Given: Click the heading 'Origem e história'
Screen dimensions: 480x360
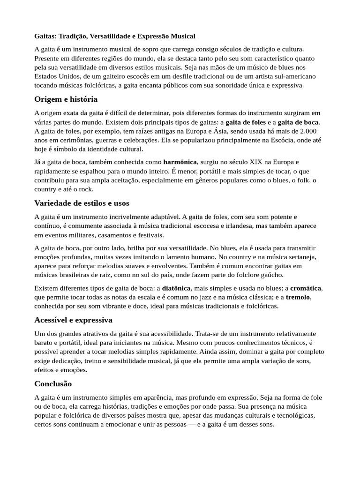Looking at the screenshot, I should click(66, 99).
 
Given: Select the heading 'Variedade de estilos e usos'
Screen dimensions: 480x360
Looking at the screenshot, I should click(82, 203).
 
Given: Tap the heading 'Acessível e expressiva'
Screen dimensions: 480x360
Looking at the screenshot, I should click(73, 320).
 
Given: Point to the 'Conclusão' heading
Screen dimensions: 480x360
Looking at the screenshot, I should click(53, 384).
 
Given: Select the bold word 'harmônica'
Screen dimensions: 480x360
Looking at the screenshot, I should click(180, 162).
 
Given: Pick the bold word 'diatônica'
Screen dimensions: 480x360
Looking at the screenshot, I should click(176, 288).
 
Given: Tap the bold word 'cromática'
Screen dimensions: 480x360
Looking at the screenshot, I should click(306, 288).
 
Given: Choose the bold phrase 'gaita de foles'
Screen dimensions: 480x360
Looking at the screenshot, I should click(246, 122).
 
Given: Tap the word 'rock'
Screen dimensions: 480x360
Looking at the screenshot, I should click(86, 189).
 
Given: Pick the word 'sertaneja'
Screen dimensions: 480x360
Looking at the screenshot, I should click(301, 257).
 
